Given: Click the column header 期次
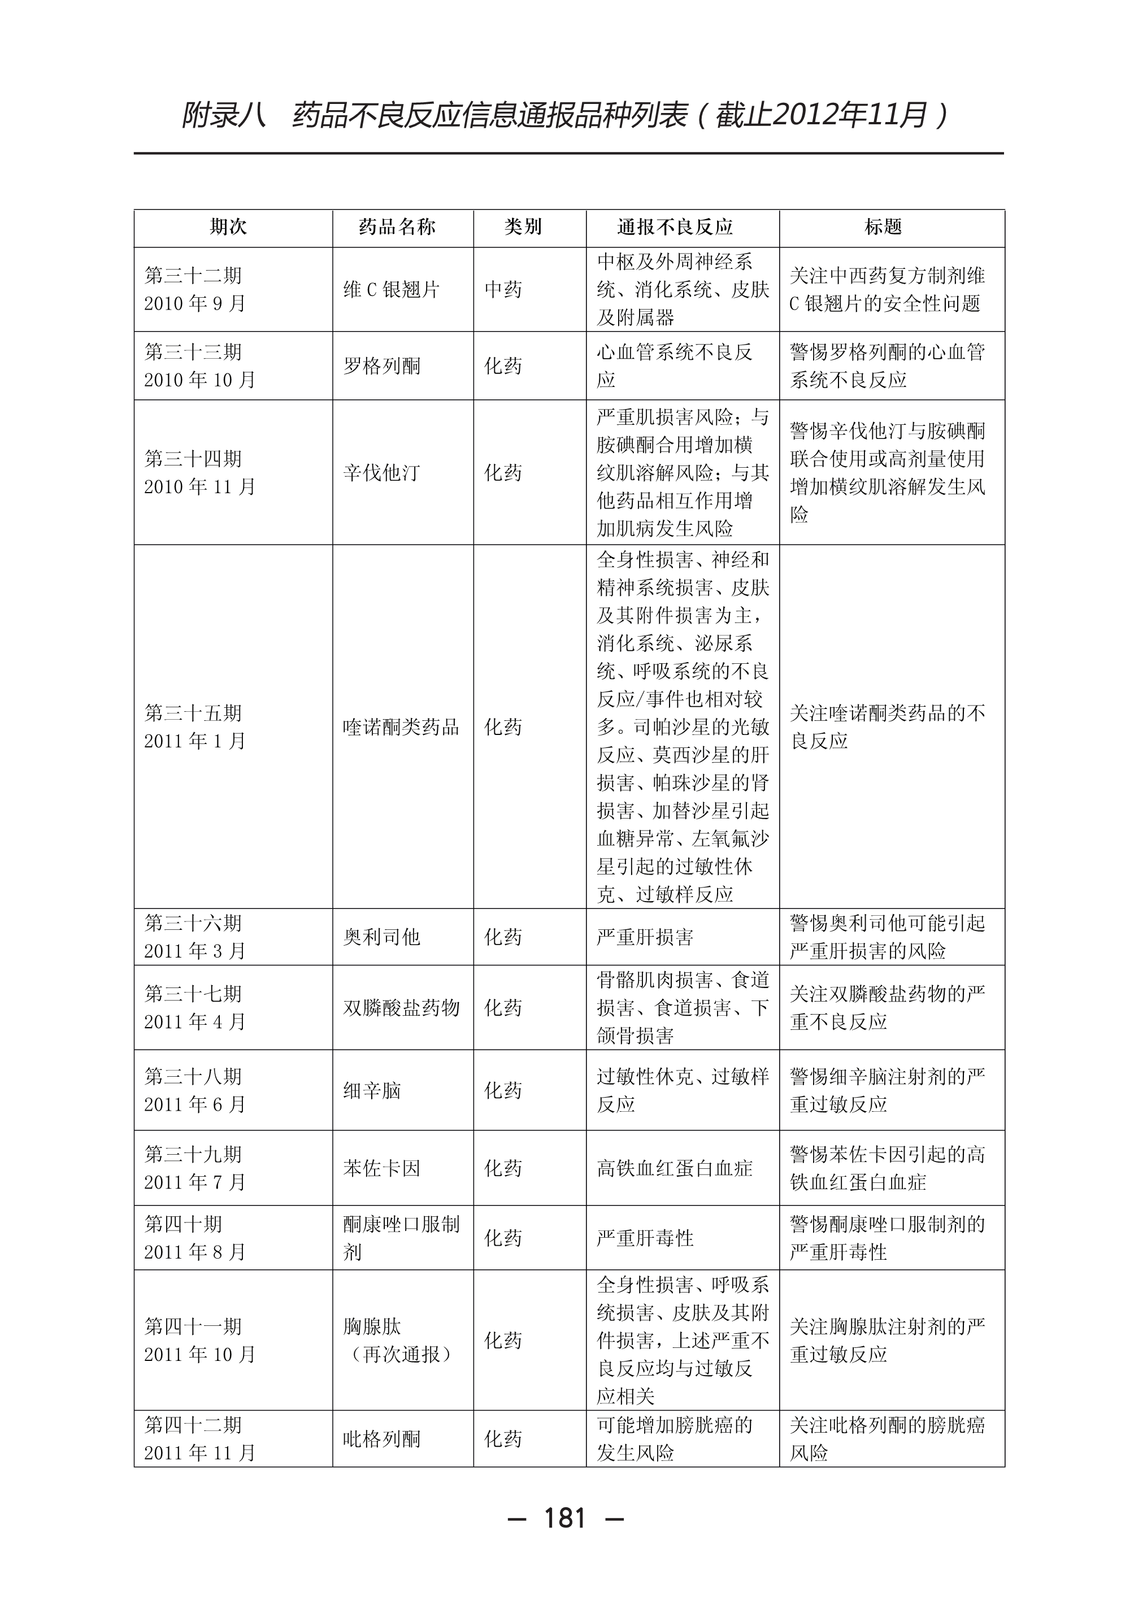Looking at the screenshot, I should (228, 227).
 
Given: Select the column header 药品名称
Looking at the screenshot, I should (397, 227).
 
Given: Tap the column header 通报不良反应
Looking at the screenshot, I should (675, 227).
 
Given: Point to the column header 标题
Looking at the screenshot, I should (883, 227).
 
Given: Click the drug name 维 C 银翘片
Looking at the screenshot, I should (391, 290).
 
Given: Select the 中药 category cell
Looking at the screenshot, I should (503, 290).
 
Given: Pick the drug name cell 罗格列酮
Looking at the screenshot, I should (381, 366).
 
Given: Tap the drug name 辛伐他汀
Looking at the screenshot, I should (381, 473).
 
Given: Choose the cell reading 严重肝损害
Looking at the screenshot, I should (645, 937).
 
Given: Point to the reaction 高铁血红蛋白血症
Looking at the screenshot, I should (675, 1168).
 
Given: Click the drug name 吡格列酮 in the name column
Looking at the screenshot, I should (381, 1439).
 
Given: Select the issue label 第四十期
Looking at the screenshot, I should (183, 1224).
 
